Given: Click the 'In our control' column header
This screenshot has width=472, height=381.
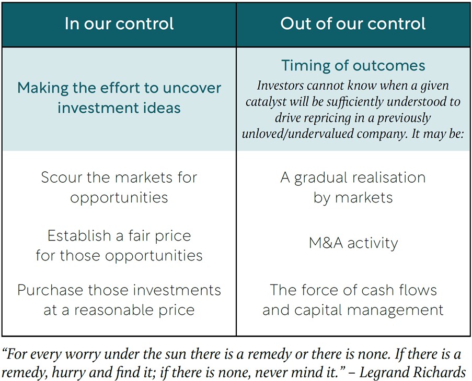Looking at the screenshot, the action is (119, 23).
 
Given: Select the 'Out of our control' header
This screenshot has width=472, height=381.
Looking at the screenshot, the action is (353, 23).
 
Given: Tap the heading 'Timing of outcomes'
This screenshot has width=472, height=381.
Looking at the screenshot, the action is (353, 66).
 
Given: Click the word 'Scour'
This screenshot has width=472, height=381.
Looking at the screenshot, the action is (61, 177).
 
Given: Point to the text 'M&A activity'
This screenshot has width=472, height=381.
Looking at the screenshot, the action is (353, 243).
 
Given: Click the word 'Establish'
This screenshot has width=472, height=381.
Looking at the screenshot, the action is (79, 236).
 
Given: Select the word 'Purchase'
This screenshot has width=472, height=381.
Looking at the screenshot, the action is (50, 290).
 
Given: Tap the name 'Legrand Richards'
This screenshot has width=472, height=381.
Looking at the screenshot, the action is (413, 372).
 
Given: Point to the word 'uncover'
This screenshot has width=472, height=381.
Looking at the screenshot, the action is (192, 88).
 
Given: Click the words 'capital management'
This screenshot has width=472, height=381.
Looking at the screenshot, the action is (369, 311).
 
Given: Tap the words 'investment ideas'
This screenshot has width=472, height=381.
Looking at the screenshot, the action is (119, 108).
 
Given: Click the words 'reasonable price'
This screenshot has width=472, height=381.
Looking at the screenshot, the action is (134, 311).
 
